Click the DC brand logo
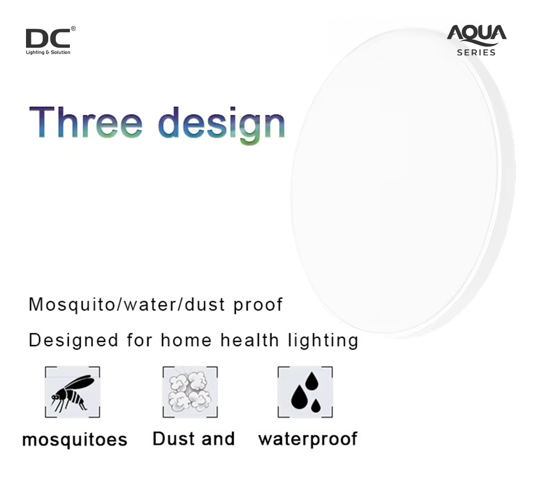coord(50,41)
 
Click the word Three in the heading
coord(86,122)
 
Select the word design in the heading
coord(222,125)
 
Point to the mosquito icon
coord(73,392)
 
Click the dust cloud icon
coord(190,392)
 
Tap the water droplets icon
coord(305,392)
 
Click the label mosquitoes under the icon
coord(75,440)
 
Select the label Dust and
coord(194,438)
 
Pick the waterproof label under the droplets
coord(308,439)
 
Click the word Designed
coord(74,341)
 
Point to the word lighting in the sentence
coord(323,341)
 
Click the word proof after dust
coord(258,305)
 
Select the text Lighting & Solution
coord(48,52)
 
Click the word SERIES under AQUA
coord(476,53)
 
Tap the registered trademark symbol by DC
coord(73,29)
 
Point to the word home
coord(186,340)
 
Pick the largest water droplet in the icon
coord(299,397)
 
